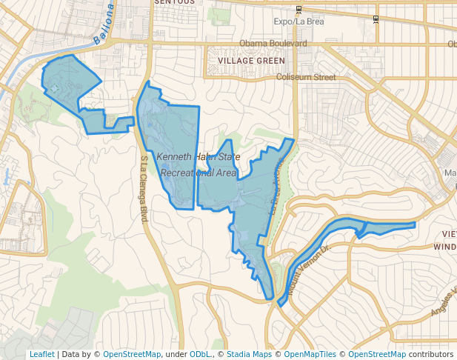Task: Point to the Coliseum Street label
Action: click(x=305, y=77)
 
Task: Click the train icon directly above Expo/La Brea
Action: click(x=298, y=10)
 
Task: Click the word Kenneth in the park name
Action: click(x=175, y=157)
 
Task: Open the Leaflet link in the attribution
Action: click(x=41, y=355)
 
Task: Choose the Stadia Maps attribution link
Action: click(x=249, y=355)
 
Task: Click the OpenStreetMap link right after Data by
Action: click(x=131, y=355)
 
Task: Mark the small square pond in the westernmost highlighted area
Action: click(x=53, y=89)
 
